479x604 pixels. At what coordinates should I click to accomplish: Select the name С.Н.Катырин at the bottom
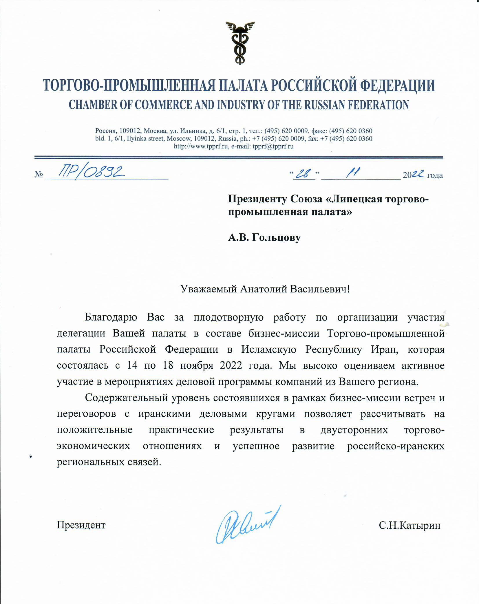(x=409, y=525)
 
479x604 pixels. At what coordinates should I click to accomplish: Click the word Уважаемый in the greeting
(x=208, y=289)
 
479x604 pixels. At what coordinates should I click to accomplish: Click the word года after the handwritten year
(x=435, y=175)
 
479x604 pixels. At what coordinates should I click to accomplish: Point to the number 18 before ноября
(x=168, y=365)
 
